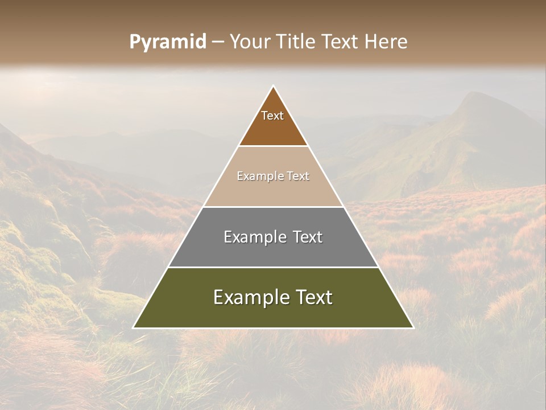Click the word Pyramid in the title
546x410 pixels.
167,42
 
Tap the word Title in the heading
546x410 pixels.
296,42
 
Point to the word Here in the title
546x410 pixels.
387,42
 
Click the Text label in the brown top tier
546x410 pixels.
272,116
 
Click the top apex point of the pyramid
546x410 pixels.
273,86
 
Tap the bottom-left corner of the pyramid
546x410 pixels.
134,327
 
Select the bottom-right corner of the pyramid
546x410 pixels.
413,327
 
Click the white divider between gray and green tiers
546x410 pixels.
273,267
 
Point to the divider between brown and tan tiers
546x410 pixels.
273,146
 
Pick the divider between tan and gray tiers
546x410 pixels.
273,207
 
